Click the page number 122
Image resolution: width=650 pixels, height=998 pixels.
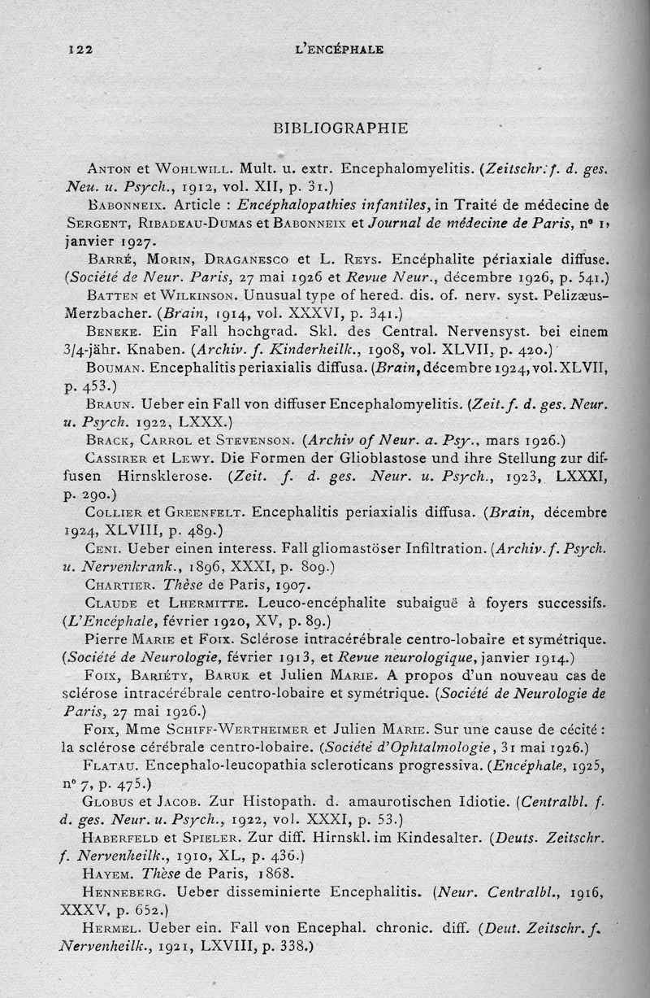(x=80, y=49)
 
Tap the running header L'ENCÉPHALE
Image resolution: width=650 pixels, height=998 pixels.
(x=336, y=48)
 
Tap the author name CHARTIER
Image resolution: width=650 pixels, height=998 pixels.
(x=119, y=584)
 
